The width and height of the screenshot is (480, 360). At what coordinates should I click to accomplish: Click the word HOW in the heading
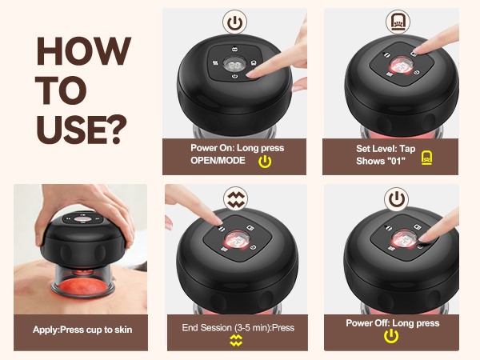83,51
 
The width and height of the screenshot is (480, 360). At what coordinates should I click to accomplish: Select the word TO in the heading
61,90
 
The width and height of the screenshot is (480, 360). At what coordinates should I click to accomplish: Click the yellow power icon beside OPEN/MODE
265,162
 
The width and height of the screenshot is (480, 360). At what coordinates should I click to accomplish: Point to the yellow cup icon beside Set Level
426,158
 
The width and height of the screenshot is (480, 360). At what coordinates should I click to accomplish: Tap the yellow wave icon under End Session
236,341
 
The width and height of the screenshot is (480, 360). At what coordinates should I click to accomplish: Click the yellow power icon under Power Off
391,336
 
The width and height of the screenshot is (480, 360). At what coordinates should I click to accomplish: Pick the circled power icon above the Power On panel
234,22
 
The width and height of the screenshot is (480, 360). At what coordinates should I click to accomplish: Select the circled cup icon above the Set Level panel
398,22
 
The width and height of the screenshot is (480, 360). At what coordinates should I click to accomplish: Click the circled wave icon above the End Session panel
235,198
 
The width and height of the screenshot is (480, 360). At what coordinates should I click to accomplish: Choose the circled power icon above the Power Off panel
397,199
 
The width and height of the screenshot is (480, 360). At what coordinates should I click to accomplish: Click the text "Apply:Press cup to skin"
82,330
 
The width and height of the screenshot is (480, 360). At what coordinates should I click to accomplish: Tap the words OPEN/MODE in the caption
218,161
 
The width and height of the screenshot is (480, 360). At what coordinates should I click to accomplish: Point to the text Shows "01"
381,161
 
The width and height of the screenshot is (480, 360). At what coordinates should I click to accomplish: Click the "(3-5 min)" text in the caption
253,328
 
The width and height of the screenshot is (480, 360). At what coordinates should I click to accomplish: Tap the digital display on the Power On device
234,65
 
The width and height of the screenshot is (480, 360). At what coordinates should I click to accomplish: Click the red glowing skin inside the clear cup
82,286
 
